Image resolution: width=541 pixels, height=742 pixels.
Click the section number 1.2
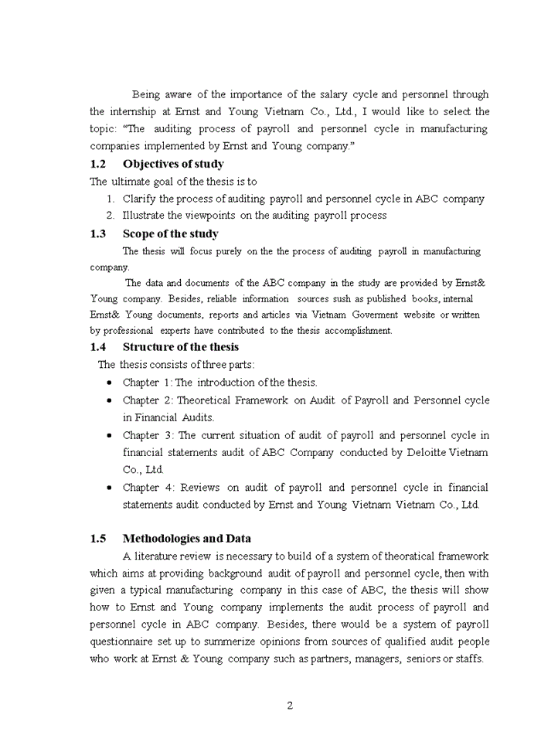coord(97,164)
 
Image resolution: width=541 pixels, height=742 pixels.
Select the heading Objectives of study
coord(173,164)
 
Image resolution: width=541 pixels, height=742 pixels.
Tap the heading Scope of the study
coord(170,234)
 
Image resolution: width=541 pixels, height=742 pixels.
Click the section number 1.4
coord(97,347)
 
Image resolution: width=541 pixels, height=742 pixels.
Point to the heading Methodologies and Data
coord(186,539)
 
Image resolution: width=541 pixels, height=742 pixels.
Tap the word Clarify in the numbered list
coord(140,199)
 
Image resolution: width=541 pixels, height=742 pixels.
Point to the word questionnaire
coord(126,642)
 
